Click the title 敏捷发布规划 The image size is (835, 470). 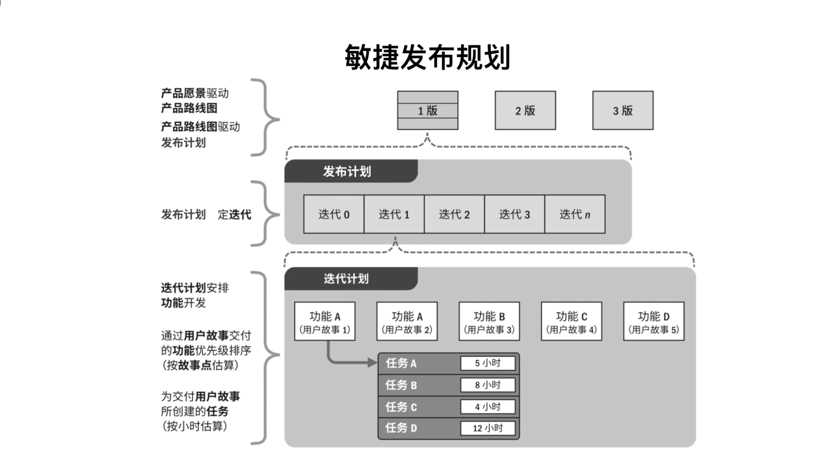pyautogui.click(x=427, y=58)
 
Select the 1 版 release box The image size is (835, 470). pyautogui.click(x=428, y=111)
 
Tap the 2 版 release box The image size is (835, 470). pyautogui.click(x=525, y=111)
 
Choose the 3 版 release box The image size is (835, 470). pyautogui.click(x=623, y=111)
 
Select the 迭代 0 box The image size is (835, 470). pyautogui.click(x=334, y=214)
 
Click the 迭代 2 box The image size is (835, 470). pyautogui.click(x=454, y=214)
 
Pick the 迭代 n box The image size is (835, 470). pyautogui.click(x=575, y=214)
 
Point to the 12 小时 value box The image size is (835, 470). pyautogui.click(x=487, y=428)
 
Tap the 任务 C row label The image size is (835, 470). pyautogui.click(x=401, y=407)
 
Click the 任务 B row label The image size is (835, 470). pyautogui.click(x=401, y=385)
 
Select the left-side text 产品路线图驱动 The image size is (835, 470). pyautogui.click(x=200, y=127)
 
